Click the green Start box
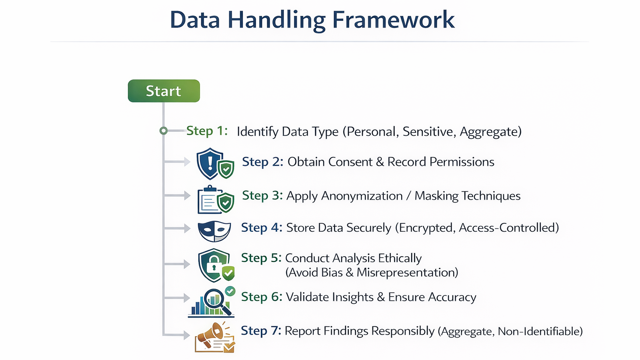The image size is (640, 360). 164,91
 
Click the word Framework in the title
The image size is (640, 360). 393,20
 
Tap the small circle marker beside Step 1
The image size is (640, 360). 163,131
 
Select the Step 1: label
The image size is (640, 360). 207,131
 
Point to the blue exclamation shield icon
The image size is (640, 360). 210,163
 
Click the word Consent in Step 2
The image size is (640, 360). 350,162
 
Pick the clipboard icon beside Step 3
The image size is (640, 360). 210,200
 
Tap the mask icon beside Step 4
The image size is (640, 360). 214,231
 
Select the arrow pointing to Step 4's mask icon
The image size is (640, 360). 177,228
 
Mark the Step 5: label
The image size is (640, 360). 261,258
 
